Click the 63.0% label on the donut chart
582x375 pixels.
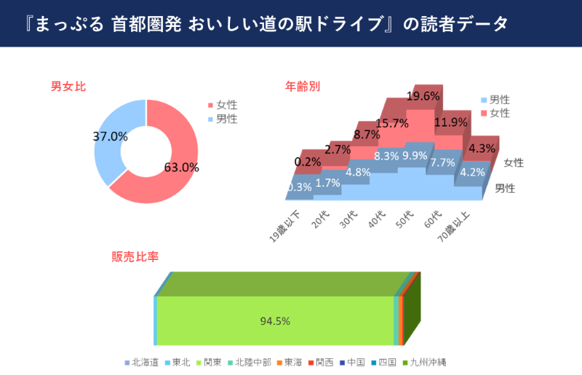pyautogui.click(x=181, y=167)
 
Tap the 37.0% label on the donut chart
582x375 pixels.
pyautogui.click(x=111, y=136)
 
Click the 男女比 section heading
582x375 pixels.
pyautogui.click(x=68, y=87)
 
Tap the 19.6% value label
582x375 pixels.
pyautogui.click(x=423, y=96)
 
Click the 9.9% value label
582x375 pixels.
pyautogui.click(x=415, y=155)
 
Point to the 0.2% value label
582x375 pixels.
pyautogui.click(x=308, y=162)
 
